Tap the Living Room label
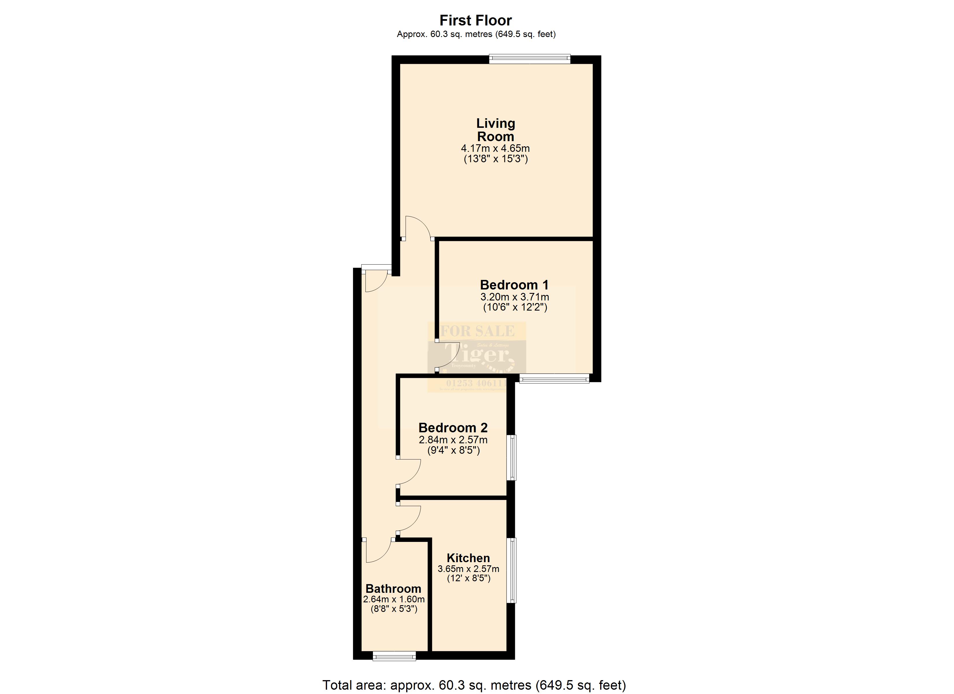(496, 130)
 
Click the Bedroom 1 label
(514, 285)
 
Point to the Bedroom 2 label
(453, 428)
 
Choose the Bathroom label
(393, 589)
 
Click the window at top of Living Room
(530, 59)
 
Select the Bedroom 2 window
(511, 457)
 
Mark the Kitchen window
(511, 570)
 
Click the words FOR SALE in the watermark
(477, 331)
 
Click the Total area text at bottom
(474, 685)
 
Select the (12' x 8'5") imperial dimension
(469, 578)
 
